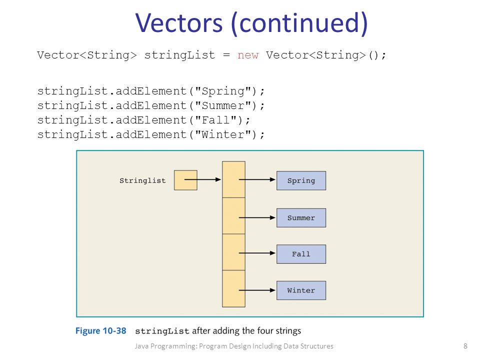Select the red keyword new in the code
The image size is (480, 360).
click(248, 55)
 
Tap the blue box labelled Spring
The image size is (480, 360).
click(301, 181)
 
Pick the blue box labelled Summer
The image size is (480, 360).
click(301, 218)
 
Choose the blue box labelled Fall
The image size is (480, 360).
click(301, 254)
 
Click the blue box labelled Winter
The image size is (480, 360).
click(301, 290)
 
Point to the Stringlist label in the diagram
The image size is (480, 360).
click(142, 180)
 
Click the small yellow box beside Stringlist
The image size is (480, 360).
click(185, 180)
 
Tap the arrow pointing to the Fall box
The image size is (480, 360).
click(257, 253)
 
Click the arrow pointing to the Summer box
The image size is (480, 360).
click(257, 217)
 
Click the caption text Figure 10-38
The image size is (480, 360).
click(101, 330)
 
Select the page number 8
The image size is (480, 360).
click(465, 346)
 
